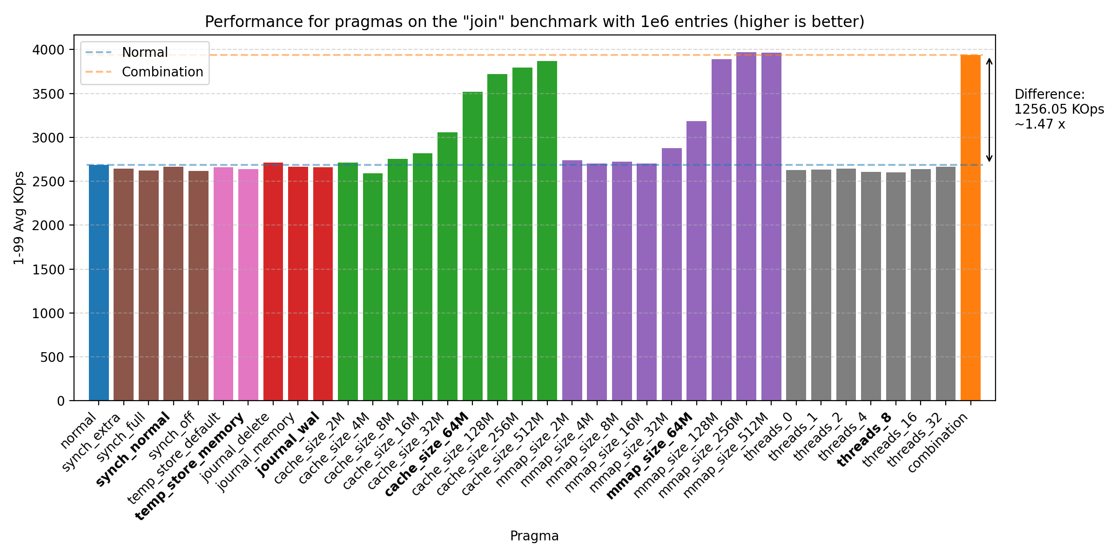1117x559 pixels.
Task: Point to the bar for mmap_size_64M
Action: click(x=696, y=261)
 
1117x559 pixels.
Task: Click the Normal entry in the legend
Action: click(x=144, y=52)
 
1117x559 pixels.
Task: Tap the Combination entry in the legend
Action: click(x=162, y=72)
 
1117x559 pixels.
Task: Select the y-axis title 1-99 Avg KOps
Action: click(x=19, y=218)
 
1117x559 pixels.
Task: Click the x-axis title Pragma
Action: click(x=534, y=536)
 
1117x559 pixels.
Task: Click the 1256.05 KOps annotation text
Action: click(x=1059, y=109)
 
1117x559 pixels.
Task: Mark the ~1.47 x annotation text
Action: click(x=1040, y=124)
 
